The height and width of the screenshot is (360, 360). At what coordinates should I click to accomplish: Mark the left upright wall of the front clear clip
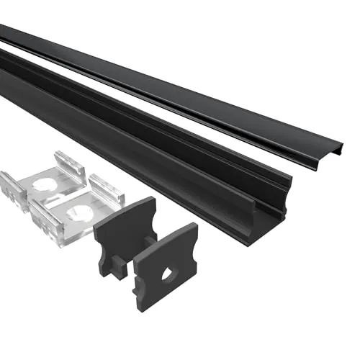click(x=40, y=216)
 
